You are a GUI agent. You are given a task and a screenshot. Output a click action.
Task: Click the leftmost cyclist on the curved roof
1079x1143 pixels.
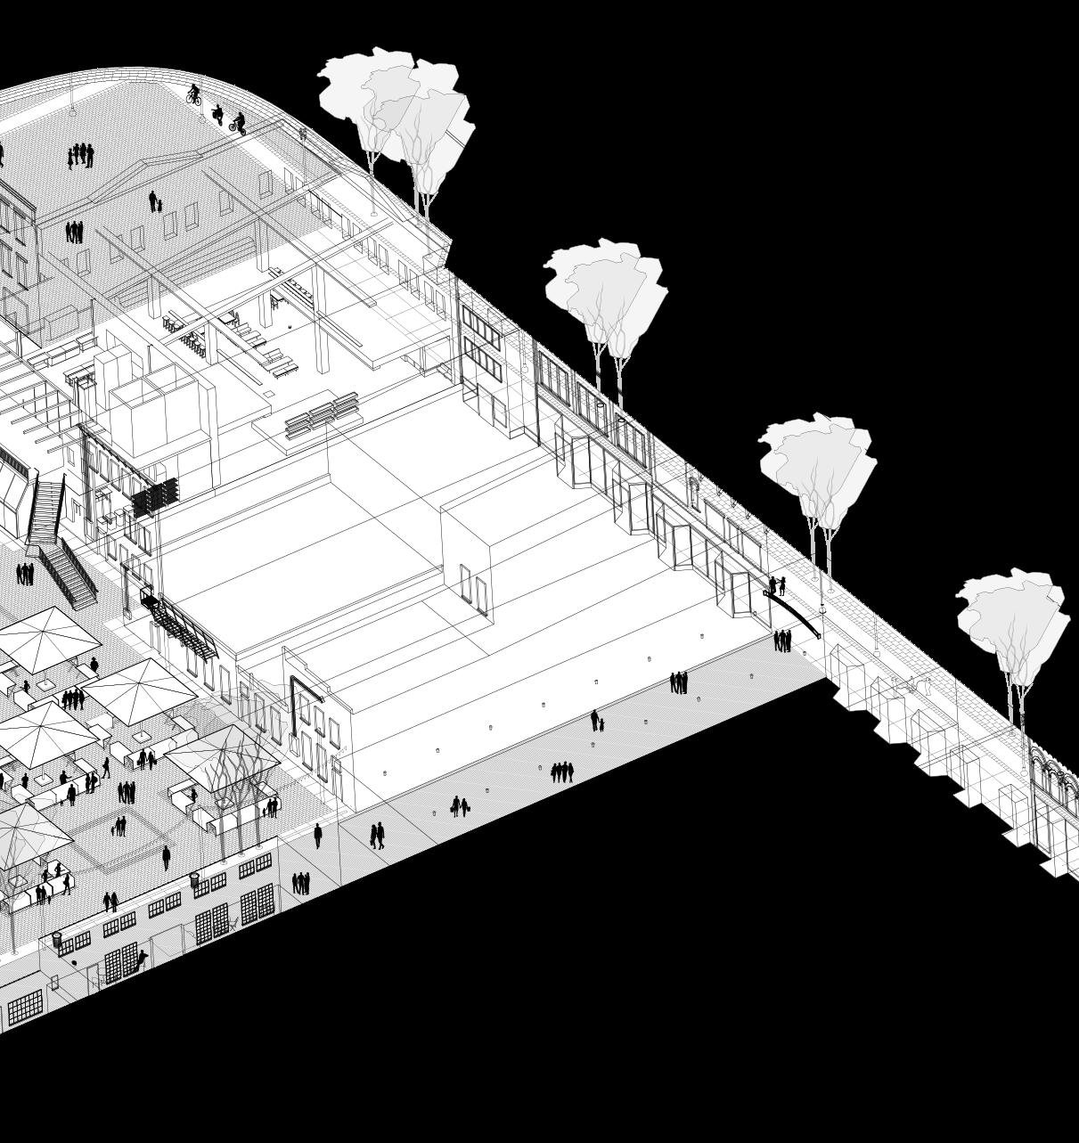click(x=193, y=94)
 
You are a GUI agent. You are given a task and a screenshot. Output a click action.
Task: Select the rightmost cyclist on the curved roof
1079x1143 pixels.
click(x=237, y=122)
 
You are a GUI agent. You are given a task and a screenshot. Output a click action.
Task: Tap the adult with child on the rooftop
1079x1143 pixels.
click(x=155, y=202)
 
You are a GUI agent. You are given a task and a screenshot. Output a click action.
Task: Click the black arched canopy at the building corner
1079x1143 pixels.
click(x=793, y=610)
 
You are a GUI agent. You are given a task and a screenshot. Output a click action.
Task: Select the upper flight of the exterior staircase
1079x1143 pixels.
click(x=45, y=508)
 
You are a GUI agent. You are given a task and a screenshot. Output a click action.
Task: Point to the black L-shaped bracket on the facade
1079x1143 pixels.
click(x=304, y=690)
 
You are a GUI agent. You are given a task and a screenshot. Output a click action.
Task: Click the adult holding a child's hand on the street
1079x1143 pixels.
click(x=596, y=721)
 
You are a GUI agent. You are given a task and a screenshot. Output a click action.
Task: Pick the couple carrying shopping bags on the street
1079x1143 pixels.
click(x=459, y=806)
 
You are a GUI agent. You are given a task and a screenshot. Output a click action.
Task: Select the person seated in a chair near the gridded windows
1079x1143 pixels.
click(x=141, y=959)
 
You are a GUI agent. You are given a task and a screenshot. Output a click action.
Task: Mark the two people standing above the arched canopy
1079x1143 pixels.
click(x=777, y=585)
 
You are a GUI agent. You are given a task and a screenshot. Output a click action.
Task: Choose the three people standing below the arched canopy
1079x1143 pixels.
click(x=782, y=641)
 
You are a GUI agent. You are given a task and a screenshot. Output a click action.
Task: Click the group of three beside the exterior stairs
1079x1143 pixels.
click(x=24, y=574)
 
